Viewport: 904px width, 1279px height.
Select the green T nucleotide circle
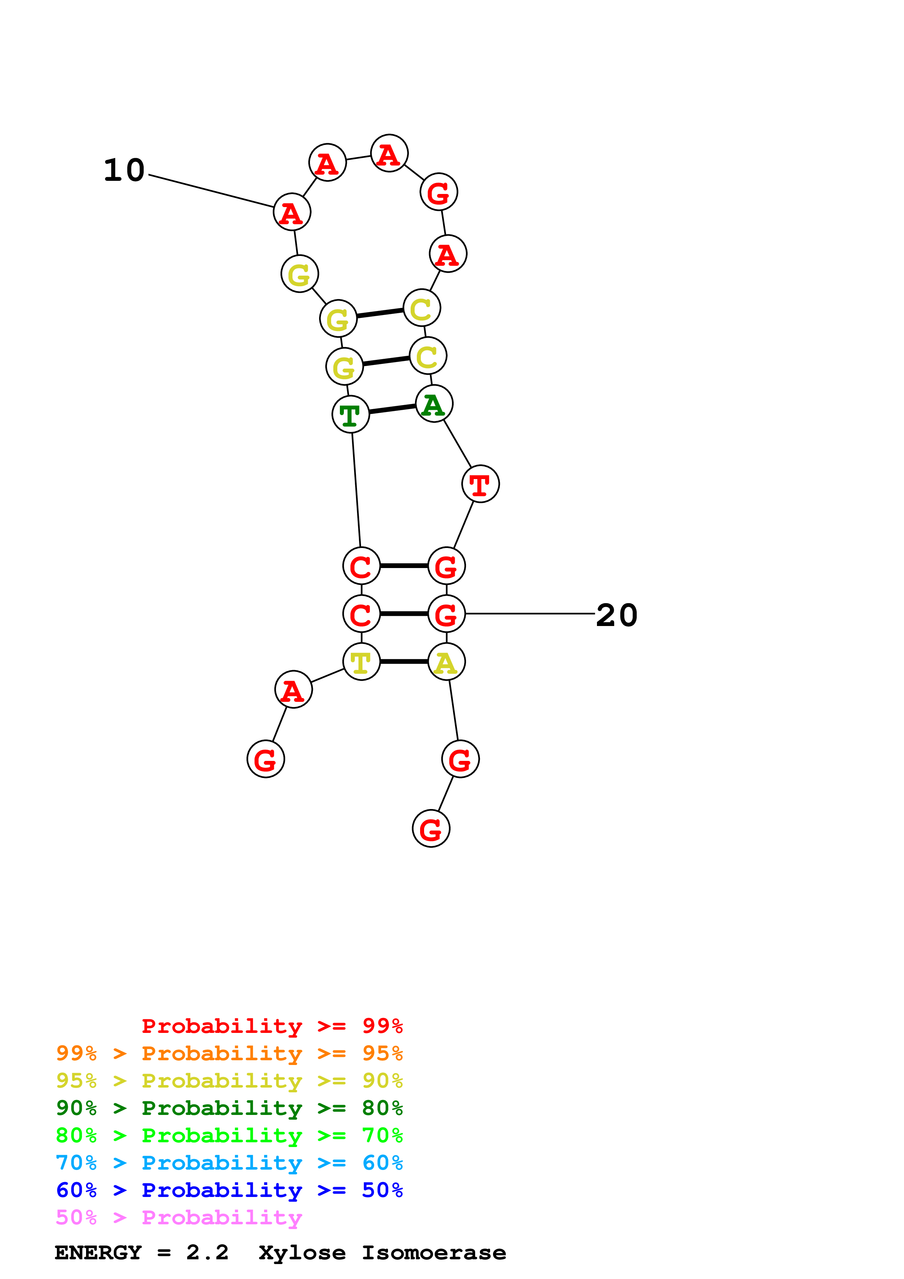[350, 415]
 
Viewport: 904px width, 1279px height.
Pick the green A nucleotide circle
[434, 404]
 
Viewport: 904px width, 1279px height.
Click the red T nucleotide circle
[480, 483]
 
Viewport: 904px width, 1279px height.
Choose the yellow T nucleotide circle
[361, 662]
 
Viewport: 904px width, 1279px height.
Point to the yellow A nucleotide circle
[446, 662]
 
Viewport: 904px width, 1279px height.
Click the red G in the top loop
[439, 192]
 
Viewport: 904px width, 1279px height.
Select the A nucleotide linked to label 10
[292, 212]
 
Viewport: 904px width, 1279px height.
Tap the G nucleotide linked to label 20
[446, 614]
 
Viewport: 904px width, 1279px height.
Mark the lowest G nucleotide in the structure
[431, 829]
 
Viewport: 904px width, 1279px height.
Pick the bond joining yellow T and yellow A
[404, 662]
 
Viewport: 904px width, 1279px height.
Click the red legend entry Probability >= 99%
[272, 1026]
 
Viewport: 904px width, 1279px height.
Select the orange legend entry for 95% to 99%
[229, 1053]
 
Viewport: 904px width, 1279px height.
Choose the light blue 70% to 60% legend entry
[229, 1163]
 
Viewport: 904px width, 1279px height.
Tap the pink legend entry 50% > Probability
[179, 1218]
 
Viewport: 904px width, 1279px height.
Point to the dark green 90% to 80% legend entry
[229, 1108]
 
